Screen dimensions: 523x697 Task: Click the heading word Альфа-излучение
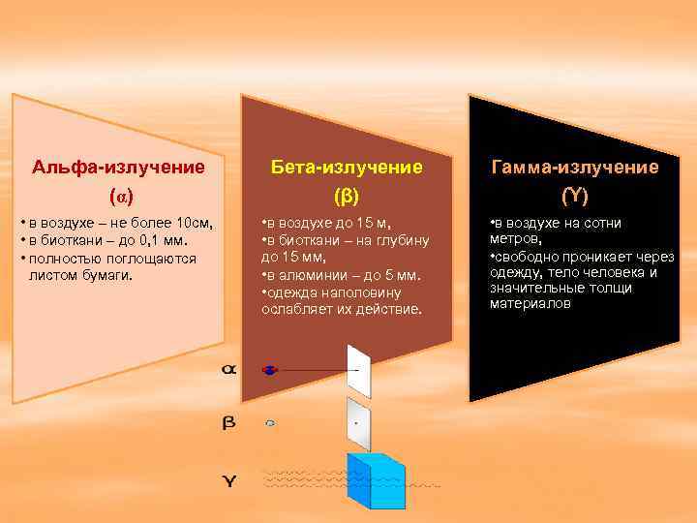pos(118,167)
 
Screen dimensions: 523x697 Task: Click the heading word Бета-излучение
pos(346,167)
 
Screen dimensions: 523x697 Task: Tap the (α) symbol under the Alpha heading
pos(118,197)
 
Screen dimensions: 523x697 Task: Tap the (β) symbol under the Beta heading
pos(346,197)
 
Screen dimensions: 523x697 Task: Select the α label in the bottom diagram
pos(228,370)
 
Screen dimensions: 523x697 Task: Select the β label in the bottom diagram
pos(228,423)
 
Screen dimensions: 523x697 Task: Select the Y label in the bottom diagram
pos(228,480)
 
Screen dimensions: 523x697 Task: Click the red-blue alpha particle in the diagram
pos(270,370)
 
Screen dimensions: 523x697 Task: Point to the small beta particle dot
pos(270,423)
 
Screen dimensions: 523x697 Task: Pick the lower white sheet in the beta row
pos(358,424)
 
